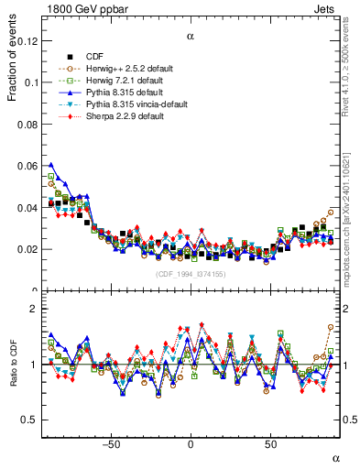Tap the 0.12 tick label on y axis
[x=27, y=41]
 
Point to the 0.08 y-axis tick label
[x=27, y=125]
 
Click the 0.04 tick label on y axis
[x=27, y=208]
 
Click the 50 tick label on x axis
[x=270, y=445]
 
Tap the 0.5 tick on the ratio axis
[x=30, y=420]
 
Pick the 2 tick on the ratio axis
[x=35, y=309]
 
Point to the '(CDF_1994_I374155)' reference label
[x=191, y=274]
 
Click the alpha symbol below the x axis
[x=334, y=457]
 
